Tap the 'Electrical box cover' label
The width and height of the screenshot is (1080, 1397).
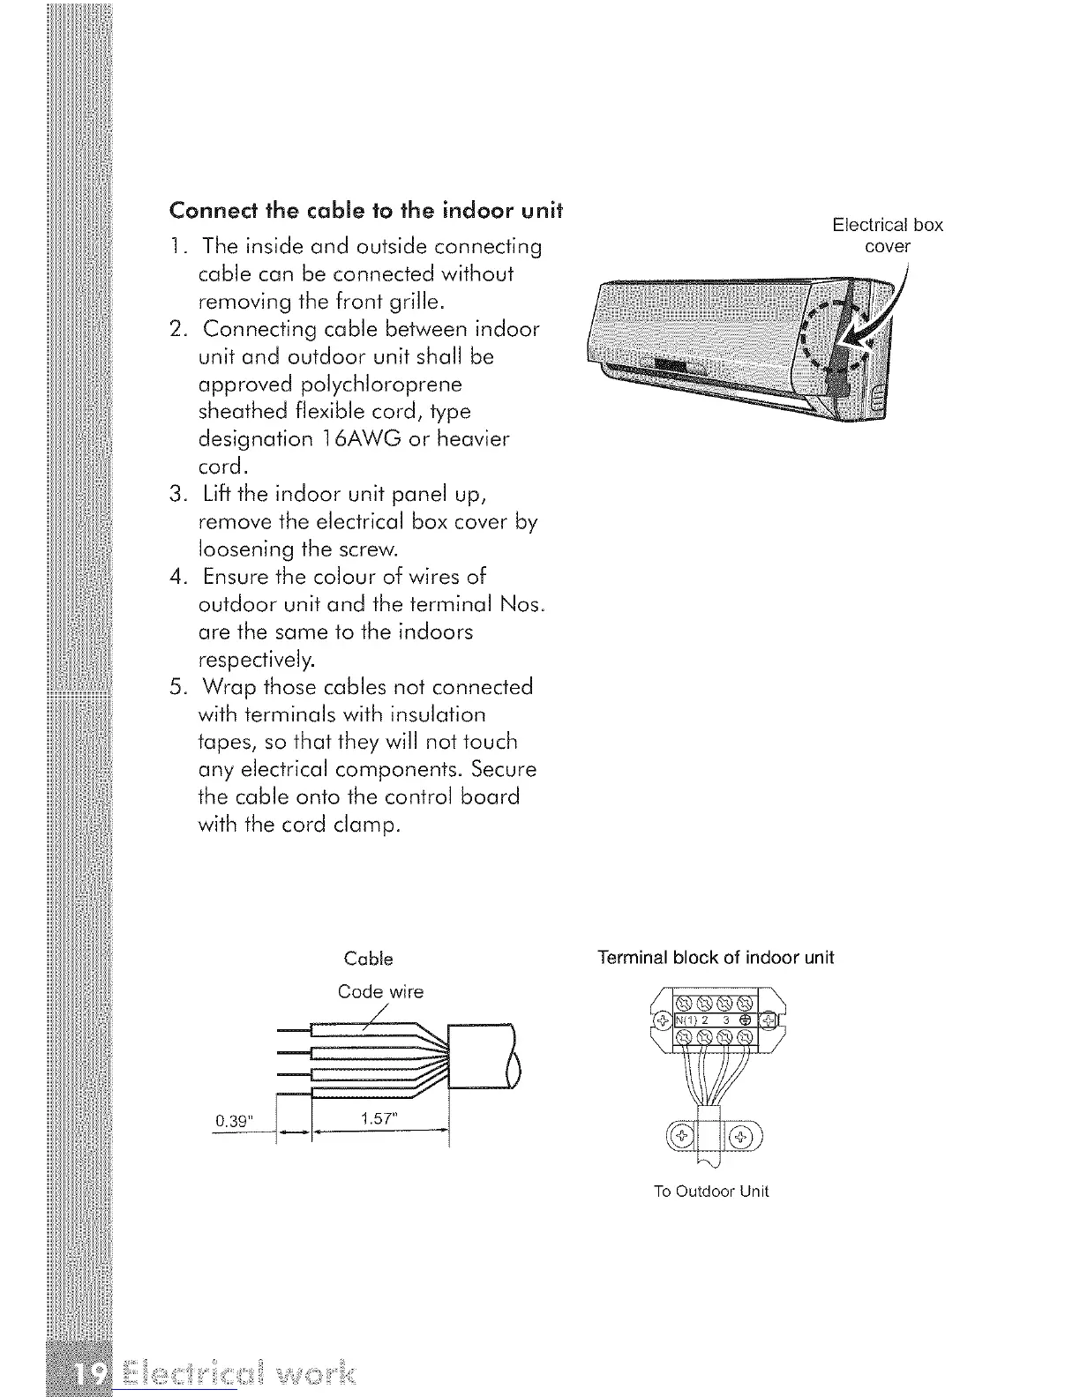[888, 235]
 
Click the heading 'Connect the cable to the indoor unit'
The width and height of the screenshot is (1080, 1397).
[365, 213]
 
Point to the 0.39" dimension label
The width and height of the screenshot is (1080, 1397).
[235, 1121]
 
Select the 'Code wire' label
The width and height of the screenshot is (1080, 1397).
[380, 992]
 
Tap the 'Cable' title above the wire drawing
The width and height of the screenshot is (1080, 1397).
[368, 959]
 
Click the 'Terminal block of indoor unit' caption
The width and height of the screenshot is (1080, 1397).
[715, 958]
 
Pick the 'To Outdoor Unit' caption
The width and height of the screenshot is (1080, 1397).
[711, 1192]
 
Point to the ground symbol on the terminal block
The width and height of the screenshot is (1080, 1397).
[745, 1020]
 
